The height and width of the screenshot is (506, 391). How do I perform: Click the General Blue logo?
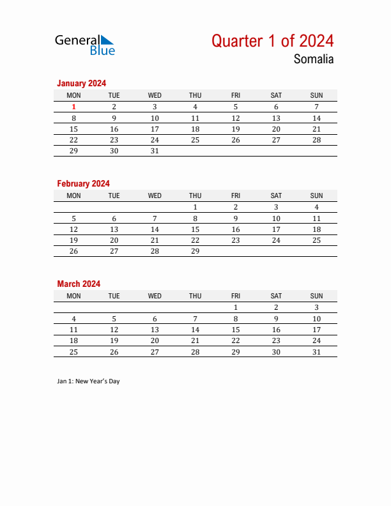[85, 44]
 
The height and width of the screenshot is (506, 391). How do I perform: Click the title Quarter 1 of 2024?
[272, 41]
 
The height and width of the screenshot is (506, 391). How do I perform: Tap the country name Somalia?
[314, 59]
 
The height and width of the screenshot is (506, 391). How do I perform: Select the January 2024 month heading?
[81, 83]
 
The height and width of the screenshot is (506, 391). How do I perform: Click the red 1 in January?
[74, 107]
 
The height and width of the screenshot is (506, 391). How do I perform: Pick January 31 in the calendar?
[155, 151]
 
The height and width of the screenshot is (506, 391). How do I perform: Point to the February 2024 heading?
[83, 183]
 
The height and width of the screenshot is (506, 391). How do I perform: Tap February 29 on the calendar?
[195, 252]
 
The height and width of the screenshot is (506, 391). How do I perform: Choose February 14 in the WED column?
[155, 229]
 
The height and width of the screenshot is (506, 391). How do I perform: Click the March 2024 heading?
[79, 284]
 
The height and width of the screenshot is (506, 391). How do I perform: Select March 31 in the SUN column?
[316, 352]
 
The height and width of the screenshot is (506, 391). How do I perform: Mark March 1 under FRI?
[235, 307]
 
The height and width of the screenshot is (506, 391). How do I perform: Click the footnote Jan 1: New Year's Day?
[88, 381]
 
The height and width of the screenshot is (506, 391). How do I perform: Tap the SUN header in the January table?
[316, 95]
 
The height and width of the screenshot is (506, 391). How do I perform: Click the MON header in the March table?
[74, 296]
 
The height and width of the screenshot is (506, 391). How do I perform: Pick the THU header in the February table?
[195, 195]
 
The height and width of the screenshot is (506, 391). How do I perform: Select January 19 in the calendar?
[235, 129]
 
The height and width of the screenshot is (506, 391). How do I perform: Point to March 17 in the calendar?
[316, 330]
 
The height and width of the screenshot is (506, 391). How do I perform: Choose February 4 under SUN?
[316, 207]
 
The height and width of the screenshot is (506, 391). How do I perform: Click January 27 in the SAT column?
[276, 140]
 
